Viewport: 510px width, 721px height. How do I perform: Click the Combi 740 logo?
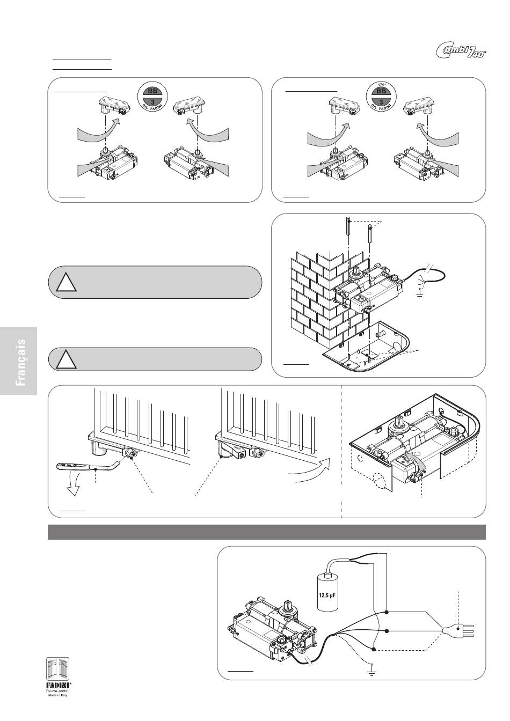(460, 51)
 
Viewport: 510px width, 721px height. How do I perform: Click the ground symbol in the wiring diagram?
(370, 669)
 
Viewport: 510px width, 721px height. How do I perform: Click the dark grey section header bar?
(267, 532)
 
